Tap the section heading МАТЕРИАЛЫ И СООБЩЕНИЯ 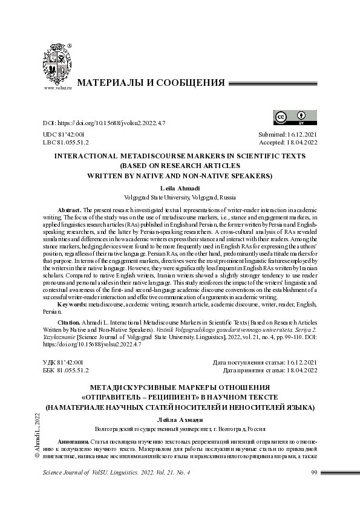point(151,83)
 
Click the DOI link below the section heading point(104,123)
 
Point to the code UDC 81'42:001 point(64,134)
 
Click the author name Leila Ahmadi point(180,189)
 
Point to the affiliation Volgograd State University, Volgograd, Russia point(180,197)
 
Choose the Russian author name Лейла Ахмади point(180,420)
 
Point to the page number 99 point(314,472)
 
